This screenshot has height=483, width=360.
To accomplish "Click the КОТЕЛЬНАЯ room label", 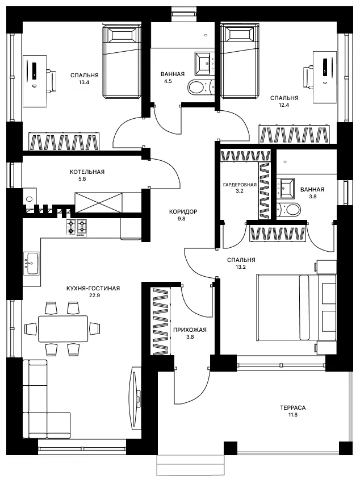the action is pyautogui.click(x=87, y=172).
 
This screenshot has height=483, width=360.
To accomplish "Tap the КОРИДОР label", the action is pyautogui.click(x=183, y=211).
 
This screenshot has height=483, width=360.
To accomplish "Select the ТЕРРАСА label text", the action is pyautogui.click(x=293, y=408).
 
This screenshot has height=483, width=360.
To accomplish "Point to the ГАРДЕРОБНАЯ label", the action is pyautogui.click(x=240, y=185).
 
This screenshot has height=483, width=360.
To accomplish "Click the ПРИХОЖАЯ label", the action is pyautogui.click(x=190, y=330).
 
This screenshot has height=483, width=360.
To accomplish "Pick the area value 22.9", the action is pyautogui.click(x=93, y=295).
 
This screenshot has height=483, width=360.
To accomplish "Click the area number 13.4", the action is pyautogui.click(x=84, y=82).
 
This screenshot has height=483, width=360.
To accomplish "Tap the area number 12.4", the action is pyautogui.click(x=284, y=105).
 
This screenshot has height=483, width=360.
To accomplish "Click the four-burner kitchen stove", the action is pyautogui.click(x=77, y=228).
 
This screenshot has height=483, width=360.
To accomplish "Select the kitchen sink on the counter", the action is pyautogui.click(x=31, y=264).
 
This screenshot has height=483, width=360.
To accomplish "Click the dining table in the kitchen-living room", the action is pyautogui.click(x=63, y=328).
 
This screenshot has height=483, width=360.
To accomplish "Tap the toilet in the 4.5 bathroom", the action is pyautogui.click(x=200, y=87).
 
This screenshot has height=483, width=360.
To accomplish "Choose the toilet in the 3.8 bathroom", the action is pyautogui.click(x=289, y=210).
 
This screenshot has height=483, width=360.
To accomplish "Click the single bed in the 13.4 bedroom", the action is pyautogui.click(x=122, y=63).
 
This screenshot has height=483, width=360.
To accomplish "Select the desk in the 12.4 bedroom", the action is pyautogui.click(x=325, y=77).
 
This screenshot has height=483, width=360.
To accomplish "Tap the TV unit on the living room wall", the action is pyautogui.click(x=136, y=398).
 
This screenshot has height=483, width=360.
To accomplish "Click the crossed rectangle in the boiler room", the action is pyautogui.click(x=98, y=203).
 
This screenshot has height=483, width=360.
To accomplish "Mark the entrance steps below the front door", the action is pyautogui.click(x=190, y=465).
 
